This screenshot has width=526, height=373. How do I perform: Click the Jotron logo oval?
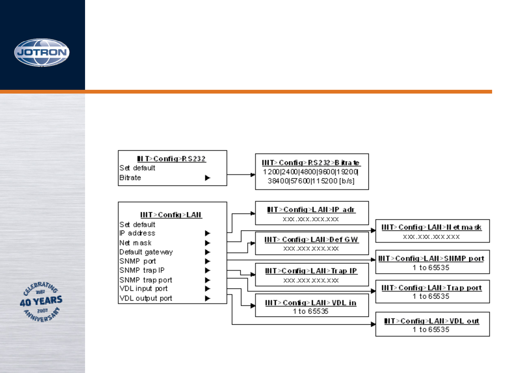click(42, 52)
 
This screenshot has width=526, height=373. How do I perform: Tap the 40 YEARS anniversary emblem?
click(41, 301)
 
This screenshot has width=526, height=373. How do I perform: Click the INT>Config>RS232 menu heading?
click(171, 159)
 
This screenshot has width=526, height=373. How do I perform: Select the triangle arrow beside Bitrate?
click(207, 178)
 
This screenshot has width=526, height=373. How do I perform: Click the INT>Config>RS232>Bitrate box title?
click(311, 163)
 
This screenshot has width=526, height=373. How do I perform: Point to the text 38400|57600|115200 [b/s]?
click(311, 181)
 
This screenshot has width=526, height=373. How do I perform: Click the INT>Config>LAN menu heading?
click(171, 215)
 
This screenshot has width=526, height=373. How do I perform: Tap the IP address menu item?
click(137, 233)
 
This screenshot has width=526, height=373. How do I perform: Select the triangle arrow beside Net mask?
click(207, 243)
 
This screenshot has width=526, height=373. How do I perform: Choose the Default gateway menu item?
click(146, 252)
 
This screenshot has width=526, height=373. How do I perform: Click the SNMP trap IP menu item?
click(142, 270)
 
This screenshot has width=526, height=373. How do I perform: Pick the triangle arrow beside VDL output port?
click(207, 298)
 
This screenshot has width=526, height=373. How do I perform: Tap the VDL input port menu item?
click(144, 289)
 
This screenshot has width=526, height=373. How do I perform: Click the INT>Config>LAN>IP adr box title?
click(311, 210)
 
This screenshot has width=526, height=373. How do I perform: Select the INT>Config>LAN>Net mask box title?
click(432, 227)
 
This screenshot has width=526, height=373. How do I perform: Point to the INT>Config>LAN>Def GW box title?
click(311, 240)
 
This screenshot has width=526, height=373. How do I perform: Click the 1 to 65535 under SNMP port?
click(431, 268)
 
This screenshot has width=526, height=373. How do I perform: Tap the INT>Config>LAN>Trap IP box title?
click(311, 271)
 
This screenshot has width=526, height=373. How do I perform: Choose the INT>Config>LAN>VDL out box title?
click(432, 321)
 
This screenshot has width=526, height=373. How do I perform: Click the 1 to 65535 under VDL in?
click(311, 311)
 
